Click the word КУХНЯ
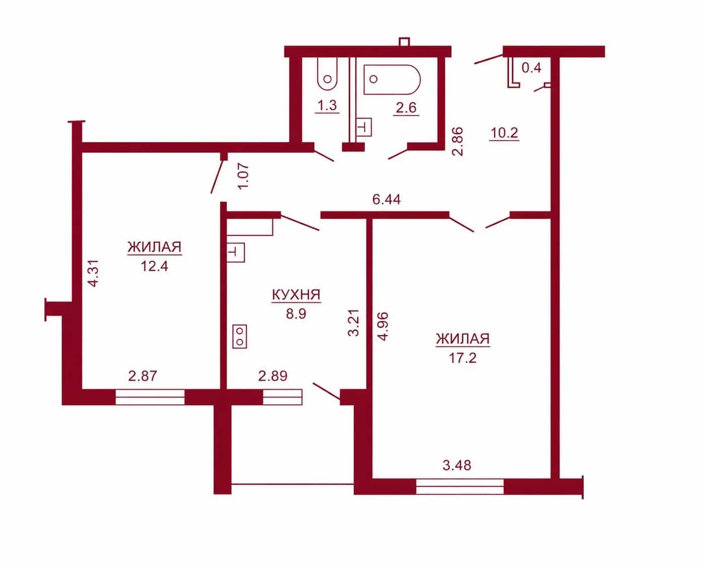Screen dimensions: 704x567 point(296,295)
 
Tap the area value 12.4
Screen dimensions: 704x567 point(155,266)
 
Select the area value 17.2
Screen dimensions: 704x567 point(463,358)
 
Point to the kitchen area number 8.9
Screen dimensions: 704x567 point(296,313)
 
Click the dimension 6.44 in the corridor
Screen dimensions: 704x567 point(386,200)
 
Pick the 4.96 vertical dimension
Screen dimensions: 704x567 point(382,327)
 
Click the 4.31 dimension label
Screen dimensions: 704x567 point(93,273)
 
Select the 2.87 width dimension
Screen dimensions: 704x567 point(143,376)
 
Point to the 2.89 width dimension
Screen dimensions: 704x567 point(273,376)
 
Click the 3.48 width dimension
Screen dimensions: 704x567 point(457,465)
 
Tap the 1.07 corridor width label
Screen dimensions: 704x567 point(244,176)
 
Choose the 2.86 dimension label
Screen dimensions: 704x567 point(458,142)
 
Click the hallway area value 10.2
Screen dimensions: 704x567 point(505,133)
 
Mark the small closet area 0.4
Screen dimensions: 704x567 point(531,68)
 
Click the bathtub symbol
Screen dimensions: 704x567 point(392,80)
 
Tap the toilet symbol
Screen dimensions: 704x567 point(327,74)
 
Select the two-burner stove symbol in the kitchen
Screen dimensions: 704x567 point(240,337)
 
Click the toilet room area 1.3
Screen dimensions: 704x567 point(327,105)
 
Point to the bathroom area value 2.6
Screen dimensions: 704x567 point(406,107)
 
